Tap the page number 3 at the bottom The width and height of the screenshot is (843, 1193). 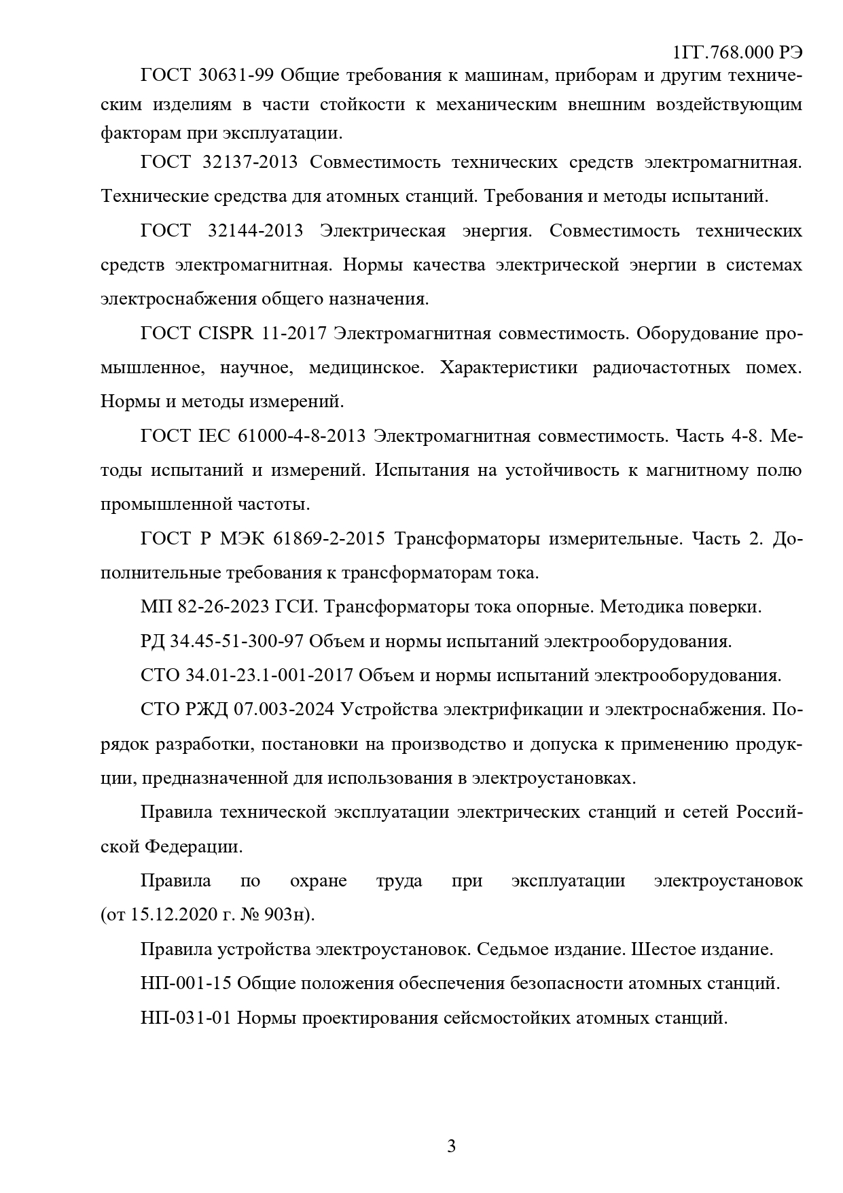tap(451, 1146)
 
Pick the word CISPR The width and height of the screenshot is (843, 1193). tap(228, 334)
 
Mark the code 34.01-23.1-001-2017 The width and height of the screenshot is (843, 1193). tap(268, 676)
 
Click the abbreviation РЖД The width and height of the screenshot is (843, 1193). tap(206, 710)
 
